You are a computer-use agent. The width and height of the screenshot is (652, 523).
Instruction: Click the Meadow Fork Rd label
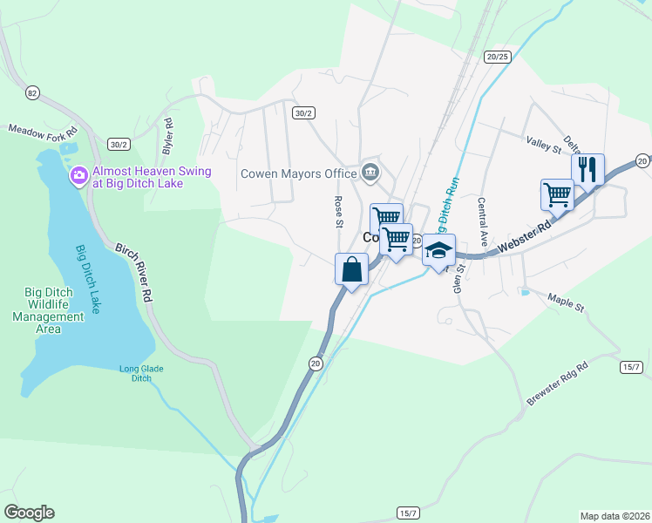click(x=44, y=129)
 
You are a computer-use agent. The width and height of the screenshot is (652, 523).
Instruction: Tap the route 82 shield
click(x=33, y=93)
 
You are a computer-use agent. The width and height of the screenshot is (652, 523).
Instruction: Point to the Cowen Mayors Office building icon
click(x=370, y=172)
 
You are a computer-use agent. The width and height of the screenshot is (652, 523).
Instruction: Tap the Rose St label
click(x=338, y=212)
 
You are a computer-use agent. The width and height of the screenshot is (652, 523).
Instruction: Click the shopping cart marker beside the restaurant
click(x=557, y=195)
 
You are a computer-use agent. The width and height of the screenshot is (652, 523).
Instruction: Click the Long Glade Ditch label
click(x=141, y=373)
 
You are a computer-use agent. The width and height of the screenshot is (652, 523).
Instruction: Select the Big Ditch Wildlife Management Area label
click(x=54, y=311)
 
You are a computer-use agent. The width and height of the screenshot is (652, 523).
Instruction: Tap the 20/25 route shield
click(x=498, y=57)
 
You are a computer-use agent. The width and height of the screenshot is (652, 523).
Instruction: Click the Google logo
click(x=29, y=513)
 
